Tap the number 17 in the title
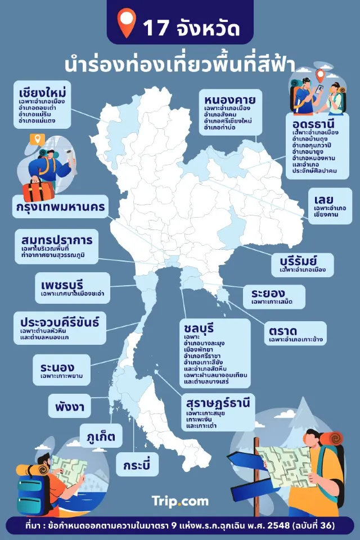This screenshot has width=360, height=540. click(156, 28)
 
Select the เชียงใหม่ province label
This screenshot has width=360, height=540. click(42, 92)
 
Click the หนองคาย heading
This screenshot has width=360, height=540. click(230, 101)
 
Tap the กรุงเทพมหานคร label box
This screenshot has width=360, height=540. click(60, 207)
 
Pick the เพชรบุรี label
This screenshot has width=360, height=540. click(67, 280)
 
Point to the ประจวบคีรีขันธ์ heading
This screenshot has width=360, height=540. click(60, 322)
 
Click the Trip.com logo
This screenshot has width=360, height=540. click(180, 501)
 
